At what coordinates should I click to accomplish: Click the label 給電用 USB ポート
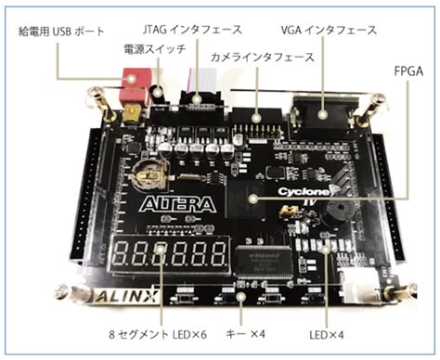coord(59,30)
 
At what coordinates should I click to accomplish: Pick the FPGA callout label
coord(405,71)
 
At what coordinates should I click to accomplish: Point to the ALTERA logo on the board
coord(177,203)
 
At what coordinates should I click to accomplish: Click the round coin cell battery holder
coord(146,171)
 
